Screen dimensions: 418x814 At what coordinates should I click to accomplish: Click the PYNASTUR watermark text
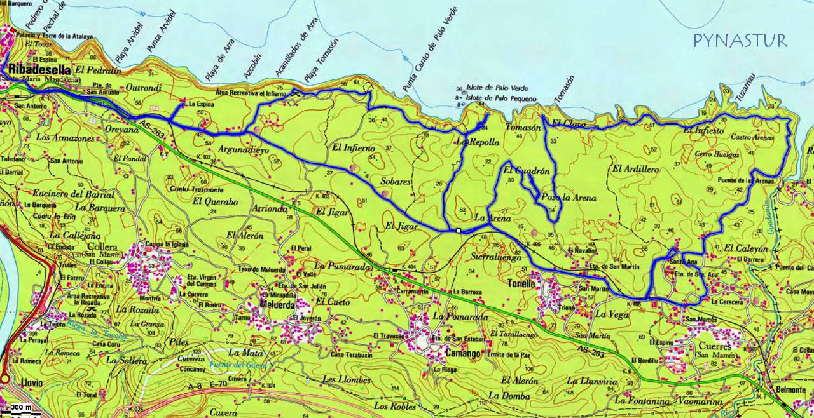740,41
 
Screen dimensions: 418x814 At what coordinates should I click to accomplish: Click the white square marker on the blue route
458,231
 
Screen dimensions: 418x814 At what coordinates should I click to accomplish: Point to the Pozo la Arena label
569,198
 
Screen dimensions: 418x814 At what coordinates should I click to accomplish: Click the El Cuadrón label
525,171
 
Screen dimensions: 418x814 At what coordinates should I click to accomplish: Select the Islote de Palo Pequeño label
502,98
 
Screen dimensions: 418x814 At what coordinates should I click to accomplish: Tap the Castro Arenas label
752,137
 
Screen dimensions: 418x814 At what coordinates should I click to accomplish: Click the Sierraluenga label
498,258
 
